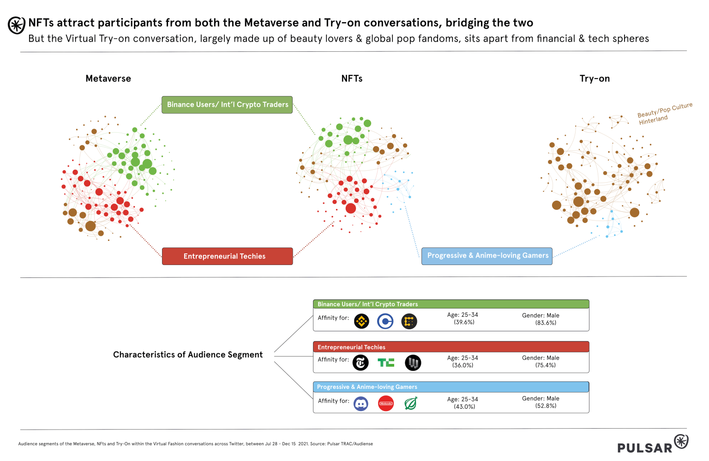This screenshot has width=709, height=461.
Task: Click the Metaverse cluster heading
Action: [x=108, y=79]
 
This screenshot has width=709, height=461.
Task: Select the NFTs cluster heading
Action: [x=352, y=79]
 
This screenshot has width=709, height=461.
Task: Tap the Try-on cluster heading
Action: [x=595, y=79]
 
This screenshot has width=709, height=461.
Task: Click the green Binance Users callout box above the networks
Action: [x=227, y=105]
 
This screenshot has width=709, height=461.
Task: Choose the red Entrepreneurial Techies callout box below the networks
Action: [x=227, y=256]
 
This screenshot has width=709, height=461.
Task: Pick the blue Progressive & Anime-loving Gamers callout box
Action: [x=487, y=256]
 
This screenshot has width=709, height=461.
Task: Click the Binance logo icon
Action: [x=361, y=321]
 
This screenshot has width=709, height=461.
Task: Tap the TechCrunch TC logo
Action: [x=386, y=363]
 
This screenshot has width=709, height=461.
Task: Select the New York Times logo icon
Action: [x=361, y=363]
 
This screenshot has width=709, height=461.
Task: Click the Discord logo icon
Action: [x=361, y=404]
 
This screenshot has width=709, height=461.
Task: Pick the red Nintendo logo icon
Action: [x=386, y=404]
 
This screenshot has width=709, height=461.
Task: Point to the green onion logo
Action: [x=411, y=404]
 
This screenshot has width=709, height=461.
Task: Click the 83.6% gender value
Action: [x=546, y=323]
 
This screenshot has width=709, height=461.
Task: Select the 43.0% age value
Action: [x=464, y=407]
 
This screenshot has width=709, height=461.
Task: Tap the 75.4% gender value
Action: [x=546, y=365]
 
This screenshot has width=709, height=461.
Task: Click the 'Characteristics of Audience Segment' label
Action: [x=188, y=355]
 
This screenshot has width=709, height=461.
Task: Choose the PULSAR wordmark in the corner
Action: [x=645, y=448]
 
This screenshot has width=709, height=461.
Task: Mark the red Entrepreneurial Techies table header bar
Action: [x=451, y=347]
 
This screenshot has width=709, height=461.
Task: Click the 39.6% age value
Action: [x=464, y=322]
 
